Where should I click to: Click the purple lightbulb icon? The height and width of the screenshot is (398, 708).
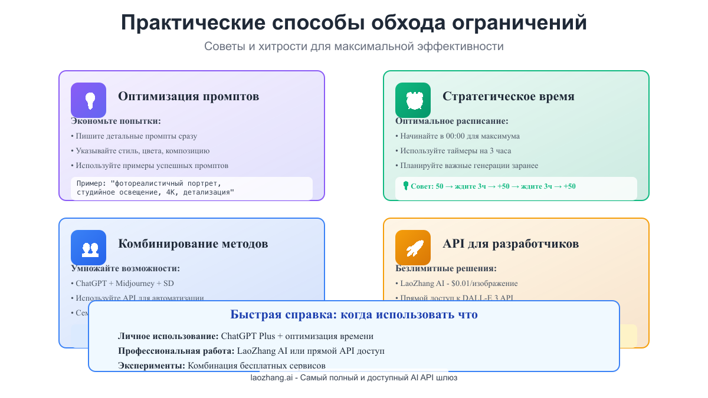pyautogui.click(x=88, y=100)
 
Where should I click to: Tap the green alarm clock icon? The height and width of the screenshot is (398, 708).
pyautogui.click(x=413, y=100)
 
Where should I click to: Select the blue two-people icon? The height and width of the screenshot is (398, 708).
pyautogui.click(x=88, y=248)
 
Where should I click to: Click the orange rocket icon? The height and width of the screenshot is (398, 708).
pyautogui.click(x=413, y=248)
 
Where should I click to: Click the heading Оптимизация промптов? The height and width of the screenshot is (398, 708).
pyautogui.click(x=188, y=96)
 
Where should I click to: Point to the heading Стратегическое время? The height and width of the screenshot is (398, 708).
pyautogui.click(x=508, y=96)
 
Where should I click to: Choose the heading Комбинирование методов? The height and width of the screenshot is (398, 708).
pyautogui.click(x=193, y=244)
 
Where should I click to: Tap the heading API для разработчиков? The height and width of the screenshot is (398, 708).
pyautogui.click(x=510, y=244)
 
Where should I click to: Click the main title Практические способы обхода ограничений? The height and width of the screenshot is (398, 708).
pyautogui.click(x=354, y=22)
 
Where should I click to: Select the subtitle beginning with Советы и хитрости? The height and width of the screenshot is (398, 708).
pyautogui.click(x=354, y=46)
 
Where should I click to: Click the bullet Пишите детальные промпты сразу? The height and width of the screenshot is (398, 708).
pyautogui.click(x=134, y=136)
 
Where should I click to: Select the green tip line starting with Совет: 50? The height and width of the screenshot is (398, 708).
pyautogui.click(x=490, y=186)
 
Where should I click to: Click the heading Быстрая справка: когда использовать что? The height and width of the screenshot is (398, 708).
pyautogui.click(x=354, y=314)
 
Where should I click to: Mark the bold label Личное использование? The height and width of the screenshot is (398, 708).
pyautogui.click(x=168, y=336)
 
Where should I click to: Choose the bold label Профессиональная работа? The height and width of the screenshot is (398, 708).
pyautogui.click(x=176, y=351)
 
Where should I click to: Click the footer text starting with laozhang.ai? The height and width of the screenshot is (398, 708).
pyautogui.click(x=354, y=377)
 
